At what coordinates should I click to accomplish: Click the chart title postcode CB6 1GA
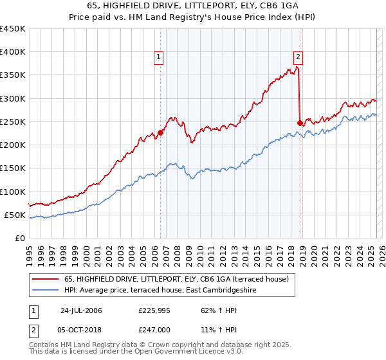click(x=266, y=6)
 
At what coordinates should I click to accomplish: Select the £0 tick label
click(x=20, y=238)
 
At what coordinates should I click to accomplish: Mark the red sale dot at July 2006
click(x=160, y=132)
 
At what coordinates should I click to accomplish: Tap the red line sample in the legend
click(x=46, y=278)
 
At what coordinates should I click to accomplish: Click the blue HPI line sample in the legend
click(x=46, y=290)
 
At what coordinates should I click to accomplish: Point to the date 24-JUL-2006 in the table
click(x=80, y=311)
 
